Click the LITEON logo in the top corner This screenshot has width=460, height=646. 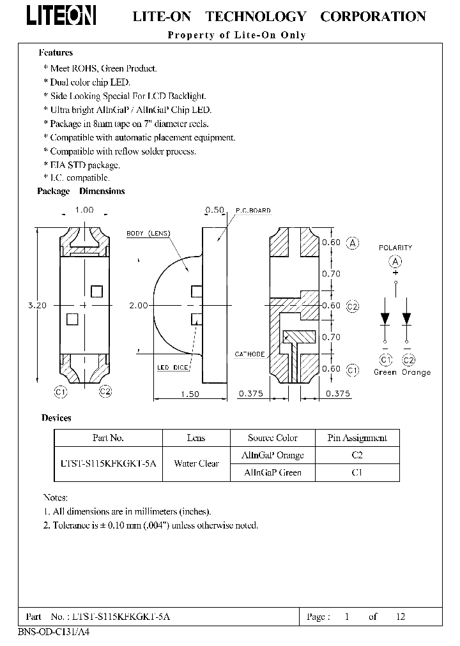[61, 16]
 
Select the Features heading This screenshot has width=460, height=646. [56, 53]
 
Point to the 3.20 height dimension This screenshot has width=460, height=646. [37, 306]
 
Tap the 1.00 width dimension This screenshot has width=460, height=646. [84, 210]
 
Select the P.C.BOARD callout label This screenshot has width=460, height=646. [253, 211]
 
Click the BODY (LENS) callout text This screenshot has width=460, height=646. [148, 234]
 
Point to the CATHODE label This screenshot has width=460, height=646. [250, 354]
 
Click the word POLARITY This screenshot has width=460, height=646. [395, 248]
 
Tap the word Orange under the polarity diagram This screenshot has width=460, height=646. [416, 372]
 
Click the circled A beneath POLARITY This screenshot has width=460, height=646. [395, 261]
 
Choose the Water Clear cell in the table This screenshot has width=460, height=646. [196, 464]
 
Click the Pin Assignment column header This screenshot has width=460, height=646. [357, 438]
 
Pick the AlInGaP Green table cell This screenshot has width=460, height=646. [272, 473]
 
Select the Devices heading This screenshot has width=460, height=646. [56, 418]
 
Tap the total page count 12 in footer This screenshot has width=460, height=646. [401, 617]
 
